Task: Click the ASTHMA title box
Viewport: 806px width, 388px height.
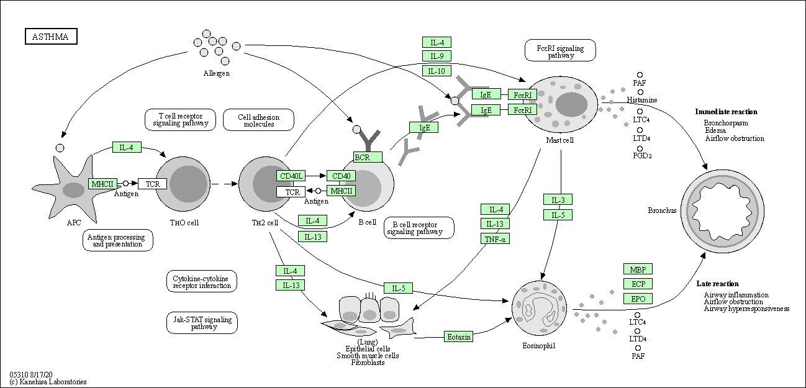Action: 51,37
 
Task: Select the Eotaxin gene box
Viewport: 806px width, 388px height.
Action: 459,336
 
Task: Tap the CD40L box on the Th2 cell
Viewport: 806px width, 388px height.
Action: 291,176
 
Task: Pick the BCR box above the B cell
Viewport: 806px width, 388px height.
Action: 368,157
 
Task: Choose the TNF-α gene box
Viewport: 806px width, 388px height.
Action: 495,238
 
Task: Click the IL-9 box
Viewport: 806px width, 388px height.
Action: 437,56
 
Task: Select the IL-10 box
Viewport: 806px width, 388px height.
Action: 437,71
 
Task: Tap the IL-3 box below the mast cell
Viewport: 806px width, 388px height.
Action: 558,200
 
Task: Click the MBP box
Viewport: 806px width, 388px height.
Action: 638,269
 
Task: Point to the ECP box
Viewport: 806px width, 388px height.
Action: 638,284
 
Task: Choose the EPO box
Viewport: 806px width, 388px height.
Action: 638,299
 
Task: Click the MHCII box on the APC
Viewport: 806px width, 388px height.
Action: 102,184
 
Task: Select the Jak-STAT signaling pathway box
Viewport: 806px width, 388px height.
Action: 202,323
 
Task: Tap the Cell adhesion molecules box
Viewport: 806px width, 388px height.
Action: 258,120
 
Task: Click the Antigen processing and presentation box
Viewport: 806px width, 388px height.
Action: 118,240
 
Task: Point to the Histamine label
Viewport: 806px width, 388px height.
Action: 641,100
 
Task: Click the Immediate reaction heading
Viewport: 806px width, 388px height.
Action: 726,112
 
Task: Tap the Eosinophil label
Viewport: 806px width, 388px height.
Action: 539,345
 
